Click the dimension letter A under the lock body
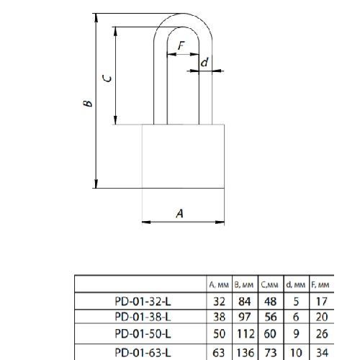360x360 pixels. click(180, 213)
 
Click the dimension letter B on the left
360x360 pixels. click(88, 103)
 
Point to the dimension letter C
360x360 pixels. click(107, 78)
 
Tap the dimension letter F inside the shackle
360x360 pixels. click(181, 45)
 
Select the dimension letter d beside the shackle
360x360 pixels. click(204, 62)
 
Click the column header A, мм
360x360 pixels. click(219, 285)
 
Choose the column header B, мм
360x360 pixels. click(244, 285)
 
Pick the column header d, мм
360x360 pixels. click(296, 285)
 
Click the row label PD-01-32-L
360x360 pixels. click(143, 302)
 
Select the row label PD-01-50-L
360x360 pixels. click(143, 333)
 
